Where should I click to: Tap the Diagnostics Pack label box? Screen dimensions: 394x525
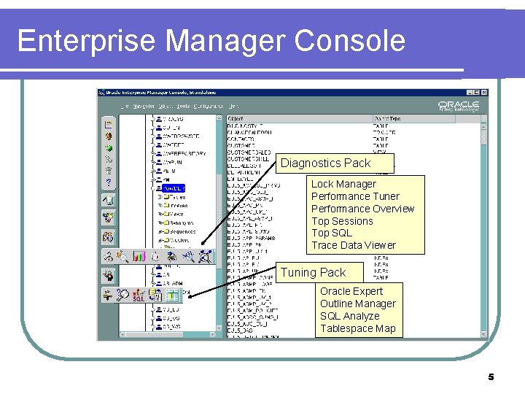click(326, 163)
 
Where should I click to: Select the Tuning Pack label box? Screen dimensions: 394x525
click(314, 272)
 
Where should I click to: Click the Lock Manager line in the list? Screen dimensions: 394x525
click(343, 184)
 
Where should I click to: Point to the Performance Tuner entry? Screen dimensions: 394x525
click(355, 196)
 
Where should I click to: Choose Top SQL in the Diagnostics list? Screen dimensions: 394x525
click(332, 233)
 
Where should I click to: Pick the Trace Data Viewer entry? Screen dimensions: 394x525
click(354, 245)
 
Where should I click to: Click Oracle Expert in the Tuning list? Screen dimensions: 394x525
click(351, 291)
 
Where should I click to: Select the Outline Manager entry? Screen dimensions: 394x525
click(358, 304)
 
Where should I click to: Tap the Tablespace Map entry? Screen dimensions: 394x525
click(358, 328)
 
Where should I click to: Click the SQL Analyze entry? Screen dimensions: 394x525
click(350, 316)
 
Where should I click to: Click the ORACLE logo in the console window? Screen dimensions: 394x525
click(458, 105)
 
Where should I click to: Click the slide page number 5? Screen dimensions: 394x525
click(491, 377)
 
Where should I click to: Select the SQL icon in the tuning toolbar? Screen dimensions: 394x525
click(139, 295)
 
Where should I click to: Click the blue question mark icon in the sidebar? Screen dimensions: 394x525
click(108, 182)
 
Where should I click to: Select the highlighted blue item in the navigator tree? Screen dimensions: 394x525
click(174, 188)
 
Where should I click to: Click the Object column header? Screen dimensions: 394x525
click(236, 117)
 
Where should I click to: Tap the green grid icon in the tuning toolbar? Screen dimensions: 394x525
click(173, 295)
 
